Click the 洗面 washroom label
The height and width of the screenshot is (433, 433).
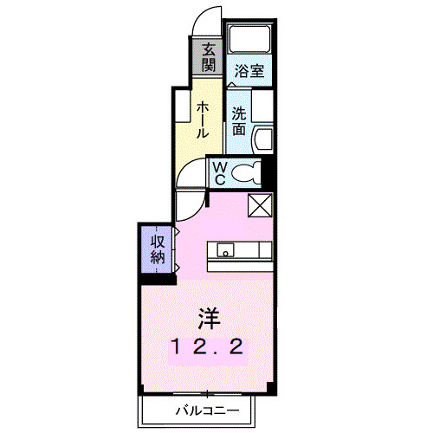239,121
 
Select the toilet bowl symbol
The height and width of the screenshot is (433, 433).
246,173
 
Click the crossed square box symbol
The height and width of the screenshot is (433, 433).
260,205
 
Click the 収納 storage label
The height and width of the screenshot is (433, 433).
158,249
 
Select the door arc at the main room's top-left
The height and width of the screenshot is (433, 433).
188,206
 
